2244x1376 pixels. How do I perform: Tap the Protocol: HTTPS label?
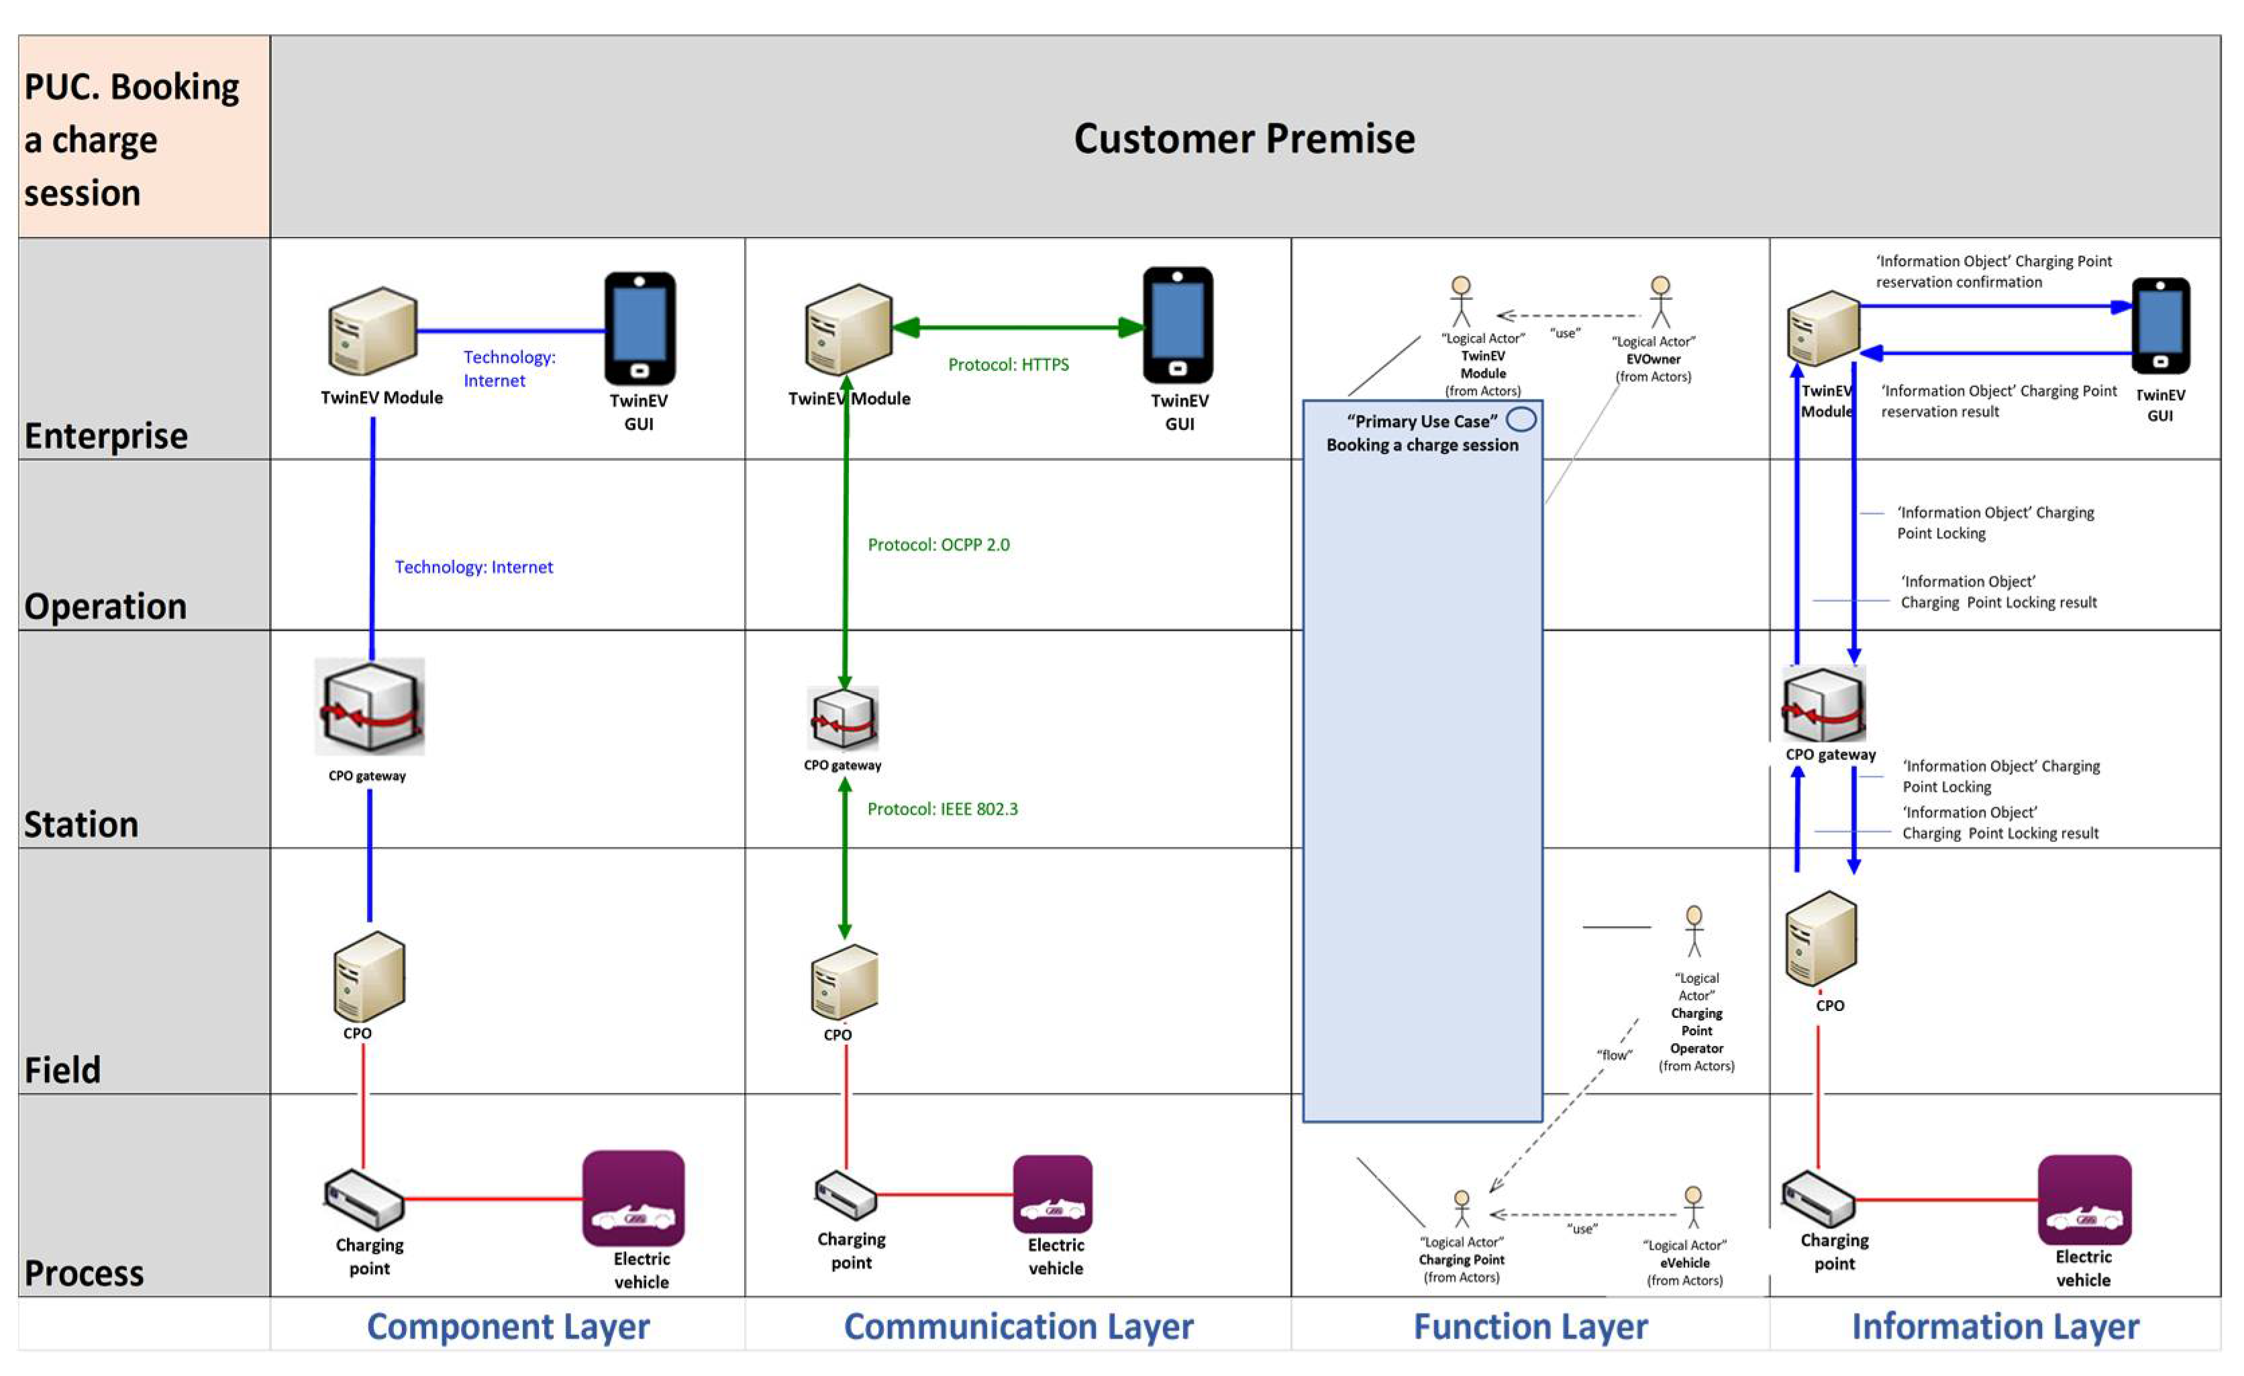pyautogui.click(x=1008, y=364)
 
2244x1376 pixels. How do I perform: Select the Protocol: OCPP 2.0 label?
pyautogui.click(x=938, y=545)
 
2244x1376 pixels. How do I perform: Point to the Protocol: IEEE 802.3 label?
pyautogui.click(x=941, y=808)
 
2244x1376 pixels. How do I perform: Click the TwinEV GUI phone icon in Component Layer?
pyautogui.click(x=640, y=328)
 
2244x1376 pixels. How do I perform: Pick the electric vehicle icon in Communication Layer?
pyautogui.click(x=1052, y=1194)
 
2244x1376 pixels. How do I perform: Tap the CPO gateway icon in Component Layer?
pyautogui.click(x=370, y=706)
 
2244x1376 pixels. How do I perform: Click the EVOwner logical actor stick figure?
pyautogui.click(x=1660, y=301)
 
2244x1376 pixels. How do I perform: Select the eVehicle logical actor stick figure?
pyautogui.click(x=1693, y=1207)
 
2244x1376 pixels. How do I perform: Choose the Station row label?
pyautogui.click(x=82, y=824)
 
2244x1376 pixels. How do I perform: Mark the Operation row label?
pyautogui.click(x=105, y=606)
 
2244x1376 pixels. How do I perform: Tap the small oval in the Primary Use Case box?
pyautogui.click(x=1521, y=420)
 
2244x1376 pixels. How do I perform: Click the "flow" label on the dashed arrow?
pyautogui.click(x=1614, y=1055)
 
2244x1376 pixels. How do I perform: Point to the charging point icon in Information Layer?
pyautogui.click(x=1818, y=1198)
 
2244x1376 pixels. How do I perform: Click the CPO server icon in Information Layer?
pyautogui.click(x=1821, y=938)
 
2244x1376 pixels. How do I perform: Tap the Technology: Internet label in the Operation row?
pyautogui.click(x=474, y=568)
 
